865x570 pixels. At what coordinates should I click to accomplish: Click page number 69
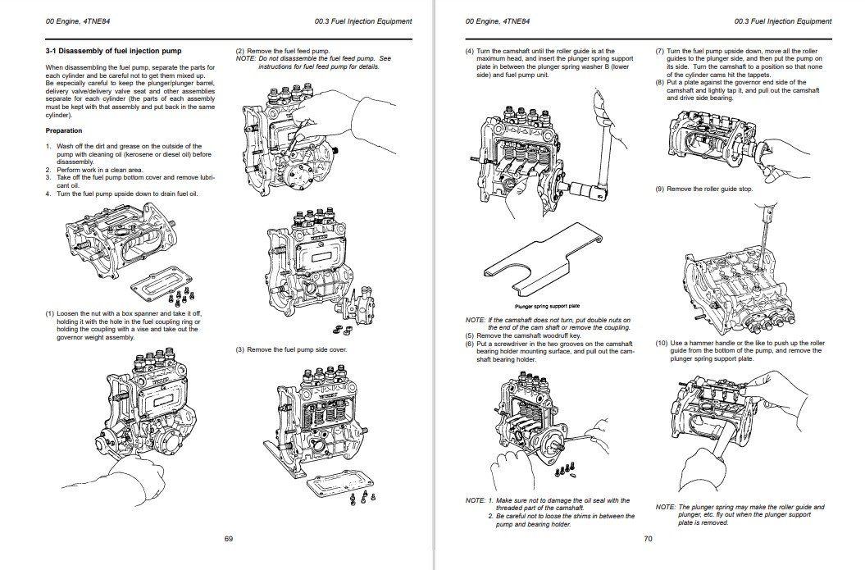pos(229,539)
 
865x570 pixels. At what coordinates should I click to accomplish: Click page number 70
pos(648,539)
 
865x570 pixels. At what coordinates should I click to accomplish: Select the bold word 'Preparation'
pos(63,130)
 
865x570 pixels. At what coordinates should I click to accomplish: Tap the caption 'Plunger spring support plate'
pos(547,306)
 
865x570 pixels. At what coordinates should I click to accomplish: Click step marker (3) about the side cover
pos(240,350)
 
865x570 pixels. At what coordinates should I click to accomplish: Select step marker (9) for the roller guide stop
pos(659,189)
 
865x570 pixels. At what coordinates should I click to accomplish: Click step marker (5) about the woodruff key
pos(470,335)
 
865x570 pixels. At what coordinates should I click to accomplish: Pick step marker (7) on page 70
pos(659,51)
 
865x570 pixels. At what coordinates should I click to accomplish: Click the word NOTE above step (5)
pos(475,319)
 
